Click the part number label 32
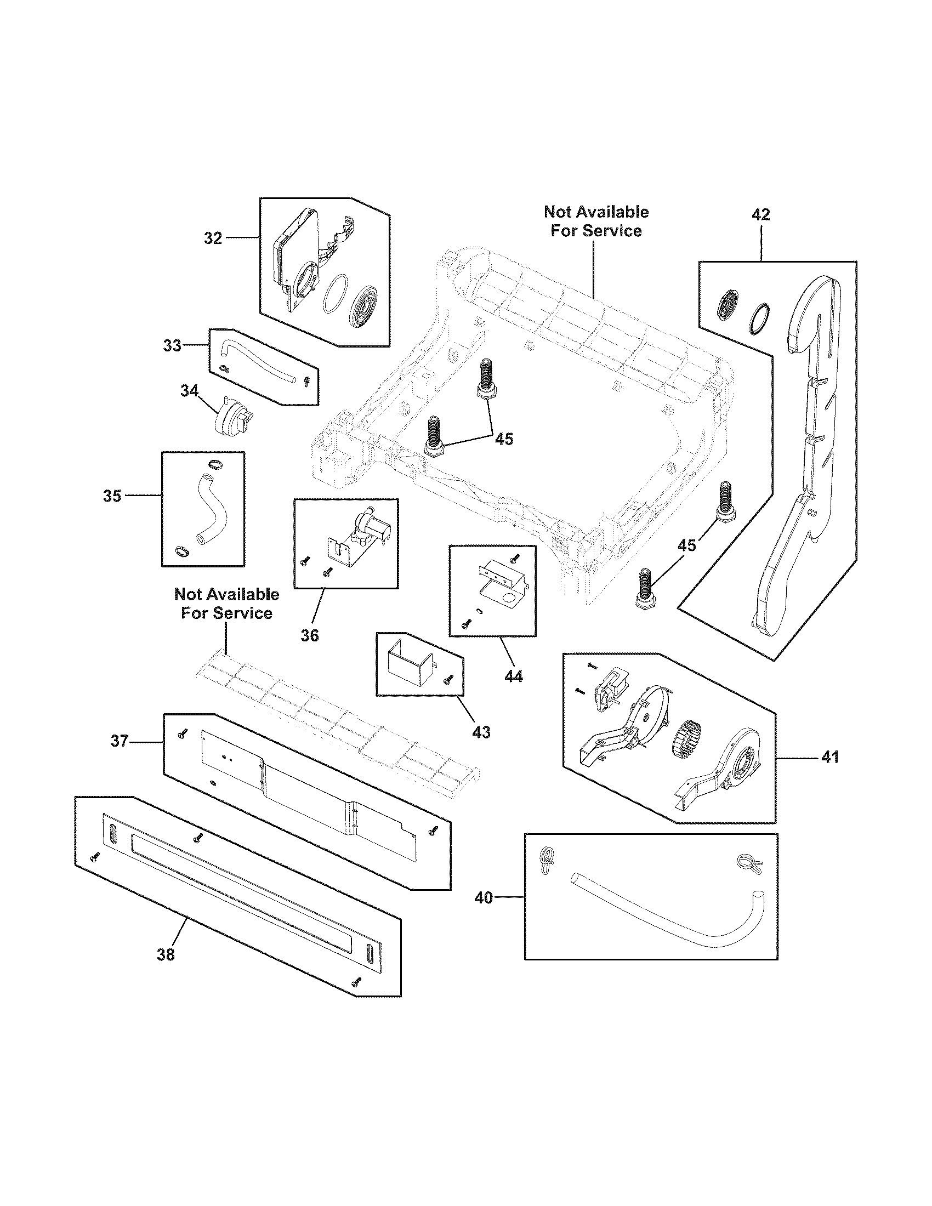click(x=213, y=238)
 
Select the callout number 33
click(x=172, y=346)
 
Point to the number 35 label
click(x=112, y=496)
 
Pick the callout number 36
click(x=310, y=635)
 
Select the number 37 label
click(x=120, y=741)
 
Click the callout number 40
click(x=484, y=898)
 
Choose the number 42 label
click(x=760, y=215)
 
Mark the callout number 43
click(x=481, y=732)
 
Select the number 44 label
click(x=514, y=676)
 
